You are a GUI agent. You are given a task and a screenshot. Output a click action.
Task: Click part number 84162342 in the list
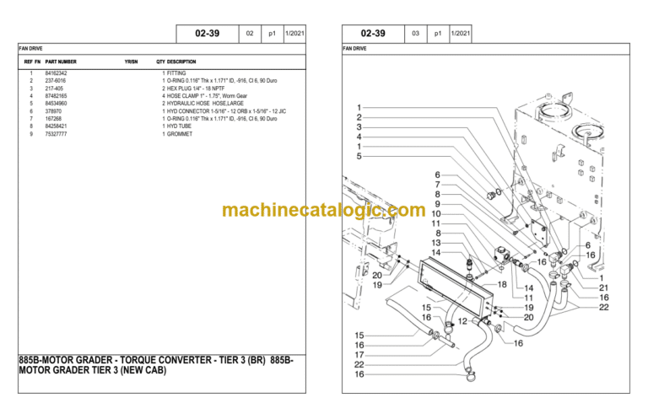[56, 74]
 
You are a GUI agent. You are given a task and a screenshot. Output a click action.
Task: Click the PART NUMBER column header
[61, 62]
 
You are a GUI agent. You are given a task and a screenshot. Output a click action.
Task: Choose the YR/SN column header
[131, 62]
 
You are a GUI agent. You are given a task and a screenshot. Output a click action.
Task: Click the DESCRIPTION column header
[181, 62]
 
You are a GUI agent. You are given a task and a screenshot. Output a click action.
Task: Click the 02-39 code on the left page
[207, 34]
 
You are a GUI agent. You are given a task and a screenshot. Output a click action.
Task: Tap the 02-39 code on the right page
[372, 34]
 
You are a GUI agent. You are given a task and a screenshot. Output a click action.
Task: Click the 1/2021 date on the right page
[461, 34]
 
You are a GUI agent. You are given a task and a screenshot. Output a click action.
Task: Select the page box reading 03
[415, 34]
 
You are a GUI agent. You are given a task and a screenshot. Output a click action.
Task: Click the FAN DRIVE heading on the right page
[354, 49]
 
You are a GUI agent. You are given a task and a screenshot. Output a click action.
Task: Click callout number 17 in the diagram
[359, 354]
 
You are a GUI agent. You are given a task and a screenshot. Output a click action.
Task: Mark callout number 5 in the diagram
[359, 156]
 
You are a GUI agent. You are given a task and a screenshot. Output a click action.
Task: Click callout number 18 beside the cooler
[501, 285]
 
